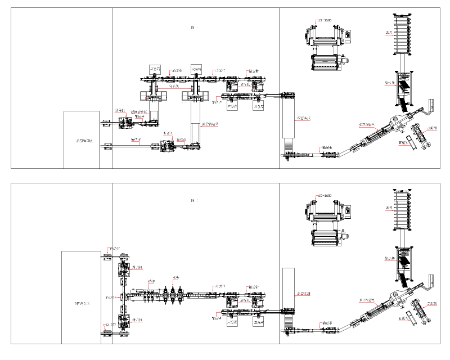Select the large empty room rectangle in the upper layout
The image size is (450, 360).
point(82,139)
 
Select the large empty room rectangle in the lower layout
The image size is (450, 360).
point(82,297)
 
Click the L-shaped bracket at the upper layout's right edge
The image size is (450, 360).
point(431,106)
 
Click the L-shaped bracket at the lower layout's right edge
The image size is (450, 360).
point(431,281)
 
